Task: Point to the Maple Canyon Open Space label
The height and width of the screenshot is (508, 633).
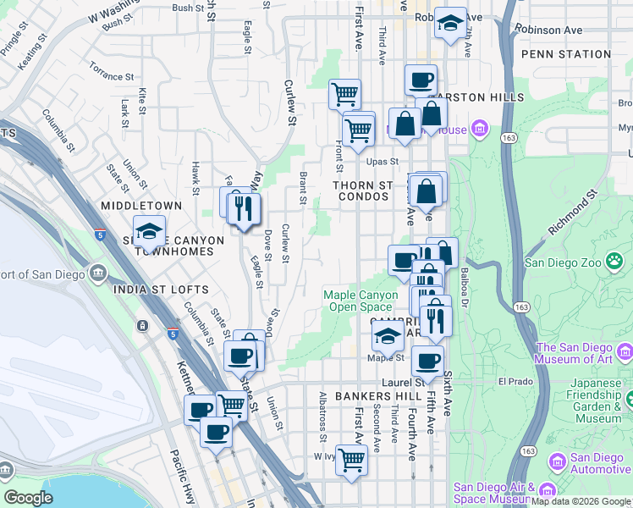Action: click(358, 301)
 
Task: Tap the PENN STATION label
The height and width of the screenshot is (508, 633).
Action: click(566, 54)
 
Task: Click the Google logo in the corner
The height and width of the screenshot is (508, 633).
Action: click(29, 497)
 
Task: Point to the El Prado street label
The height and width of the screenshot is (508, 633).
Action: click(515, 381)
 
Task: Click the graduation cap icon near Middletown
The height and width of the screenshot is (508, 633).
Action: click(149, 230)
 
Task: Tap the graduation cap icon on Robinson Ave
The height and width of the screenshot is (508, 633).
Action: click(450, 22)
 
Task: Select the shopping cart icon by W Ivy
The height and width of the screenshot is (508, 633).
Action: click(351, 460)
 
